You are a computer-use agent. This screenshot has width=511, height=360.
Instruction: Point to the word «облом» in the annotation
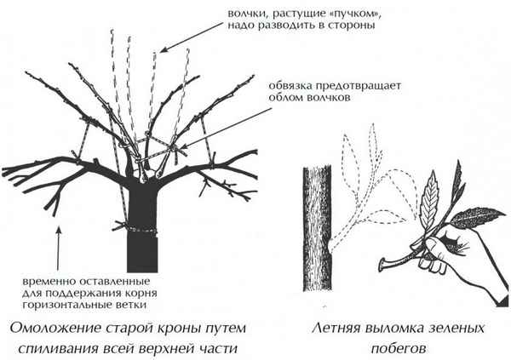(287, 100)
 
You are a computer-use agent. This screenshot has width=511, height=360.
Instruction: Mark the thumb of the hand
(426, 247)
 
